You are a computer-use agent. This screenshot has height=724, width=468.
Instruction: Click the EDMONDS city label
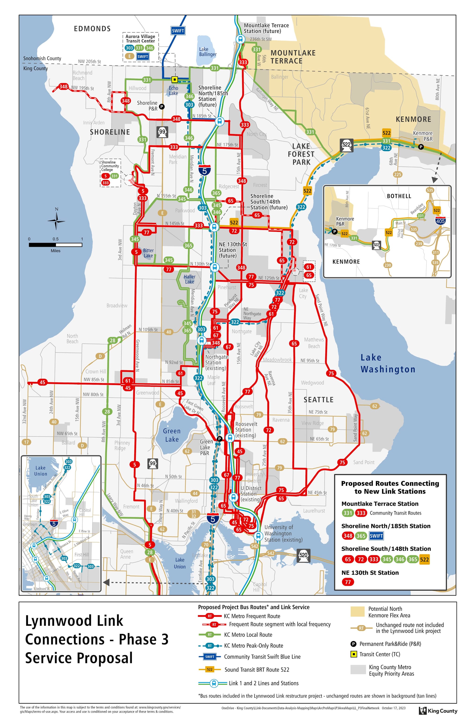pyautogui.click(x=92, y=29)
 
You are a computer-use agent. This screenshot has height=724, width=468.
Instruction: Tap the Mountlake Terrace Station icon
pyautogui.click(x=240, y=39)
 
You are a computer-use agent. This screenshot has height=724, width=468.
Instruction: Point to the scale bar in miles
pyautogui.click(x=56, y=245)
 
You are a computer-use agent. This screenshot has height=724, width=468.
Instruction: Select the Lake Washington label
pyautogui.click(x=388, y=363)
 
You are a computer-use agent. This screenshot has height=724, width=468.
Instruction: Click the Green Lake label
pyautogui.click(x=172, y=435)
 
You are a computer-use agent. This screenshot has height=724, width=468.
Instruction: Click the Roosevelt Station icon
pyautogui.click(x=230, y=438)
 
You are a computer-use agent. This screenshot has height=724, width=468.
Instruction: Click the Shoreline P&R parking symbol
pyautogui.click(x=162, y=107)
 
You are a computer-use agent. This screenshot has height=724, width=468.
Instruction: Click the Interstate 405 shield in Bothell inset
pyautogui.click(x=440, y=221)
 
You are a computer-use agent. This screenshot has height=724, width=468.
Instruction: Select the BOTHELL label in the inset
pyautogui.click(x=399, y=196)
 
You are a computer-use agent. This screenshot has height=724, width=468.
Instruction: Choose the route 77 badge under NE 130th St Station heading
pyautogui.click(x=348, y=582)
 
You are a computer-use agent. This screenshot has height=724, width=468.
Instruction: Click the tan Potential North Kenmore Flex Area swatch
pyautogui.click(x=357, y=611)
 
